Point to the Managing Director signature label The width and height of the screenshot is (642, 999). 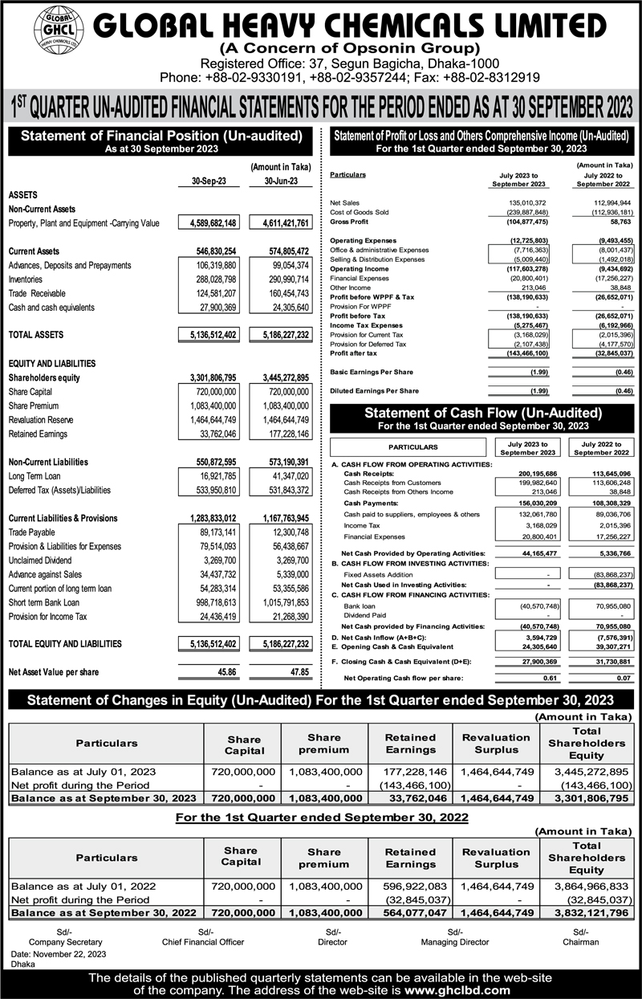click(x=454, y=940)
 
